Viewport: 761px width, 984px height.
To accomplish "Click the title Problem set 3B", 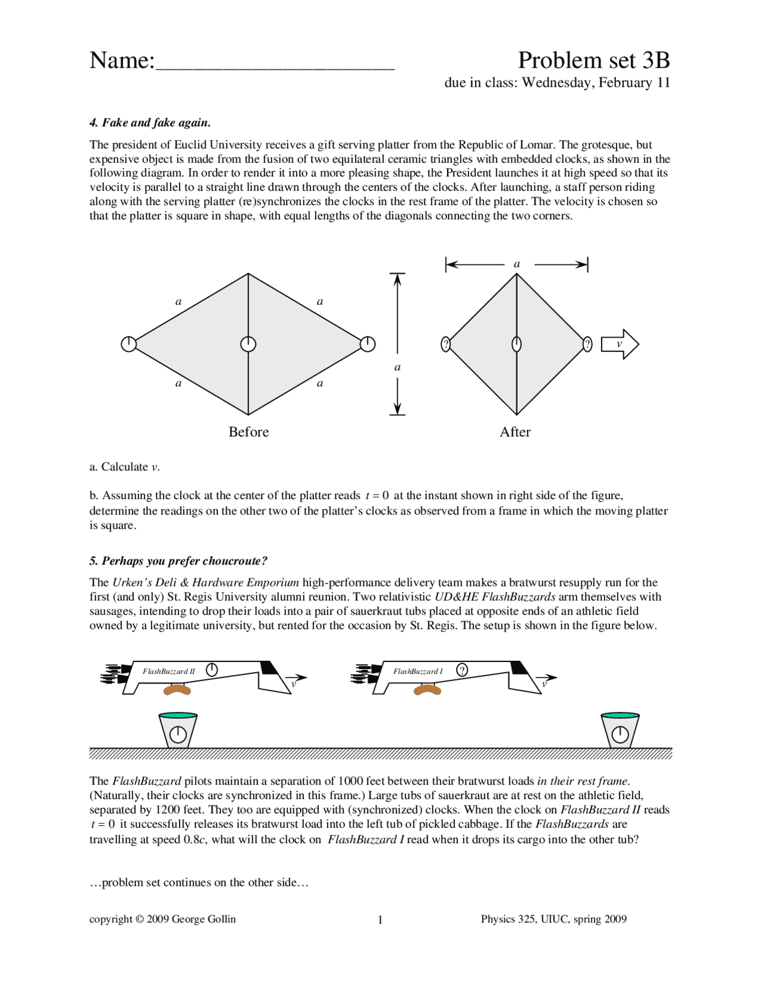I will (x=593, y=61).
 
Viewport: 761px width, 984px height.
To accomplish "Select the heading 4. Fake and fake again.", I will (x=150, y=123).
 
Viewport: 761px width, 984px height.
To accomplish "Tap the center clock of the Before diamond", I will (x=248, y=344).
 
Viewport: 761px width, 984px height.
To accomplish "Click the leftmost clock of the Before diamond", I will (x=128, y=344).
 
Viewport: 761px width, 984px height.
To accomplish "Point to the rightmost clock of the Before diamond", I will (x=368, y=344).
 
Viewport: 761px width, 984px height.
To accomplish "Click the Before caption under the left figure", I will (x=249, y=432).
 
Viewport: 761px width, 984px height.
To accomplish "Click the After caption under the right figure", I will (x=515, y=432).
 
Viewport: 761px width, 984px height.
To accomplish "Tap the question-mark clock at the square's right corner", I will (x=587, y=344).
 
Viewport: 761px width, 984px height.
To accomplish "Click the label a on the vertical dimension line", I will (x=398, y=367).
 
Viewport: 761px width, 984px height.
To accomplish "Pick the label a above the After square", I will (x=517, y=264).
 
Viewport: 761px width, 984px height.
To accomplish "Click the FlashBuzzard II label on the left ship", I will (x=169, y=671).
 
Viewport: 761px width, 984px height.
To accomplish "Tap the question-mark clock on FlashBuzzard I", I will (x=462, y=670).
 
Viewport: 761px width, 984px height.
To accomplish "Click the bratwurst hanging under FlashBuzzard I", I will (x=427, y=690).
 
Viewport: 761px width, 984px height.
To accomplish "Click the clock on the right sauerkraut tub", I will (x=620, y=735).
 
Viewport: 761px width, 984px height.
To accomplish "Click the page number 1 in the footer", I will (x=380, y=920).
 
